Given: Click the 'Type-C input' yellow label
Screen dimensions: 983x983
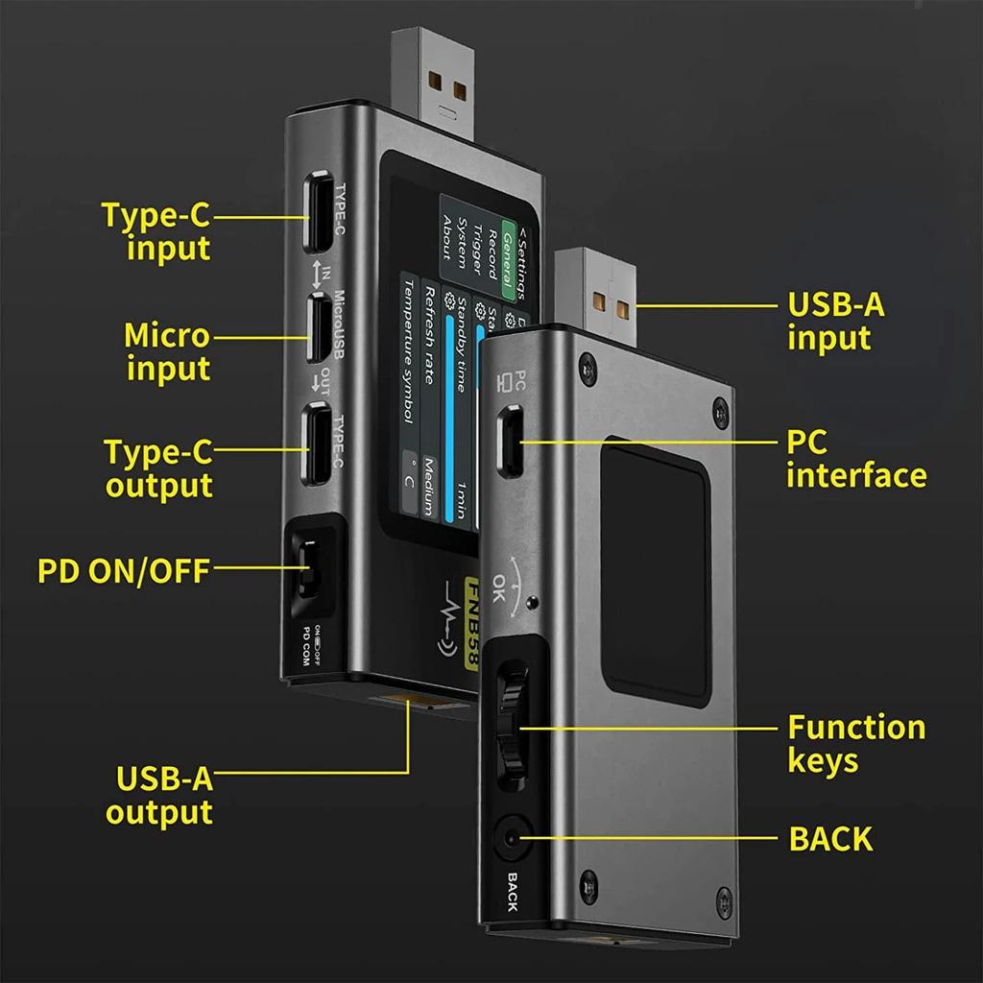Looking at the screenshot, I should pos(156,231).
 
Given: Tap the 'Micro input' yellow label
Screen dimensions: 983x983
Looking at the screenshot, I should pos(167,351).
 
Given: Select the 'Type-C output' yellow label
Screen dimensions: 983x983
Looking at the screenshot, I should pos(158,468).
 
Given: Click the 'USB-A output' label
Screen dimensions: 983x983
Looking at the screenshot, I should pos(159,795).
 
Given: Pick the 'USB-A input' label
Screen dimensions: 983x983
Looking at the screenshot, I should pos(835,322).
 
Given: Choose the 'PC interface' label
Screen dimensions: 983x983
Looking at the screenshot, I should pos(855,459).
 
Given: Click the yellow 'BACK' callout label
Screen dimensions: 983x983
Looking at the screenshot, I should pos(830,838).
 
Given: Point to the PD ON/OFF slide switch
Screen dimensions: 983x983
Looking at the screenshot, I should pos(307,570).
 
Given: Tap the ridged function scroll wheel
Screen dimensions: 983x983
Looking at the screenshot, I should pos(511,730).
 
